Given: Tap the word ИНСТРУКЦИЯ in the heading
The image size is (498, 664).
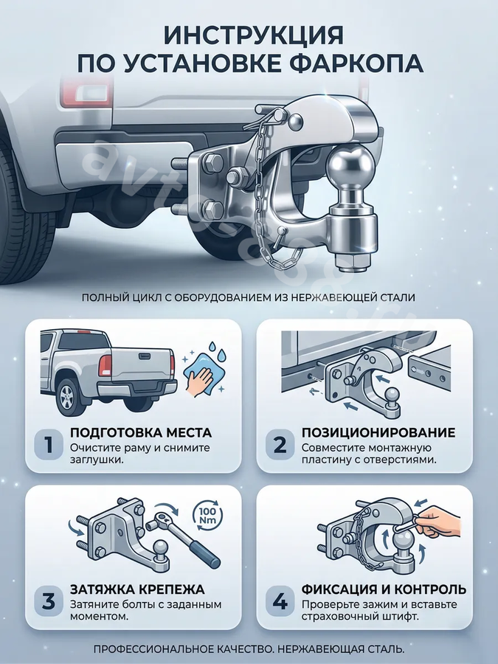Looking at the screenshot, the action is pos(253,35).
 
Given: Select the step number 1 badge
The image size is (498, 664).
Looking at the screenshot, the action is pos(49,445).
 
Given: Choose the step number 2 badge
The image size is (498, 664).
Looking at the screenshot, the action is pos(280,445).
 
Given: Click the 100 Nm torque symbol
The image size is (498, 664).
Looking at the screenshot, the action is pos(207,515).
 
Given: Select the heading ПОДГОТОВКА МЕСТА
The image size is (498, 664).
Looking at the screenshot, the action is pos(141,433).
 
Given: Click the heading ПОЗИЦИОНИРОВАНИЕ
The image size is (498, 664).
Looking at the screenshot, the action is pos(378,433).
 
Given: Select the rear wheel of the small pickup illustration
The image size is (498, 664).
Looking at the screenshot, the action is pos(67,397).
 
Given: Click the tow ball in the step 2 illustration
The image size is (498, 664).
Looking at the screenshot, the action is pos(392,397).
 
